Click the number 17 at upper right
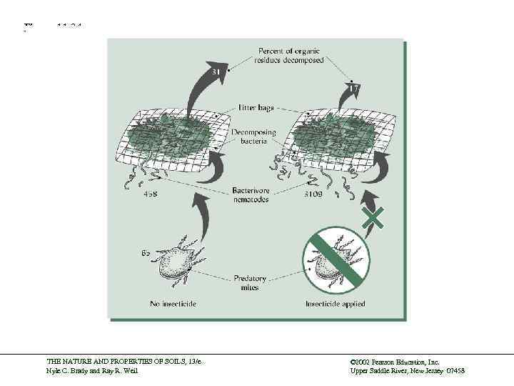pyautogui.click(x=356, y=88)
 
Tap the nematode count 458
pyautogui.click(x=152, y=194)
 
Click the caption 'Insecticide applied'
pyautogui.click(x=336, y=304)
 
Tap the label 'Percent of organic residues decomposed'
pyautogui.click(x=290, y=56)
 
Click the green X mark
pyautogui.click(x=373, y=217)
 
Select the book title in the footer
pyautogui.click(x=124, y=363)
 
